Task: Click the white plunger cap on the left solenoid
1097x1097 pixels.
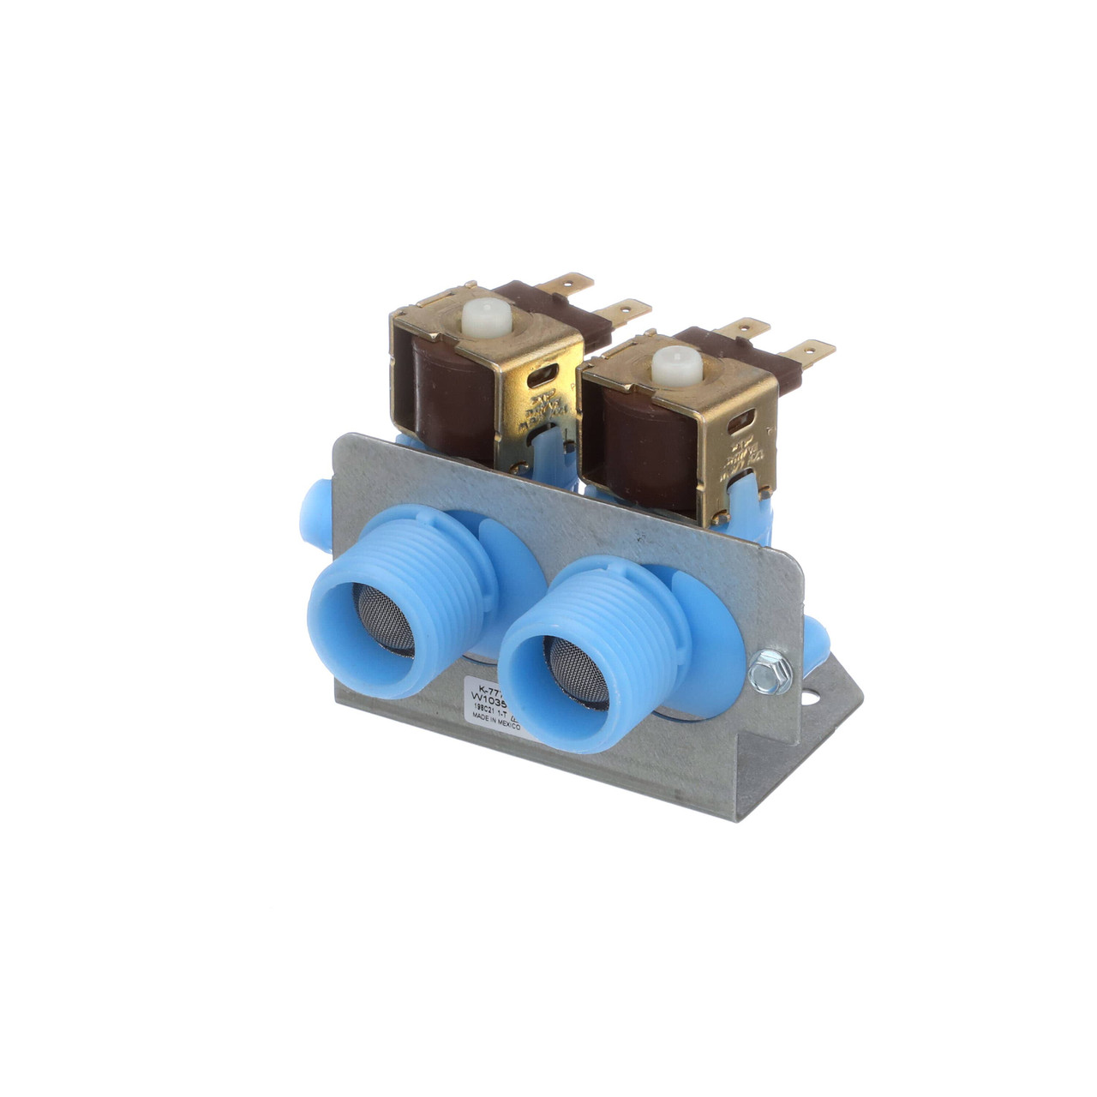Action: pos(486,319)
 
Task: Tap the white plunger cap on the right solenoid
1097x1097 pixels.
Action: pos(677,365)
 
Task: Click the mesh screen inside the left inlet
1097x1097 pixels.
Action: pos(385,622)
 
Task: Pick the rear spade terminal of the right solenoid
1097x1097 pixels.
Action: pos(744,327)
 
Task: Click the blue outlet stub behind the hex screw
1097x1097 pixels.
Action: pos(815,638)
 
